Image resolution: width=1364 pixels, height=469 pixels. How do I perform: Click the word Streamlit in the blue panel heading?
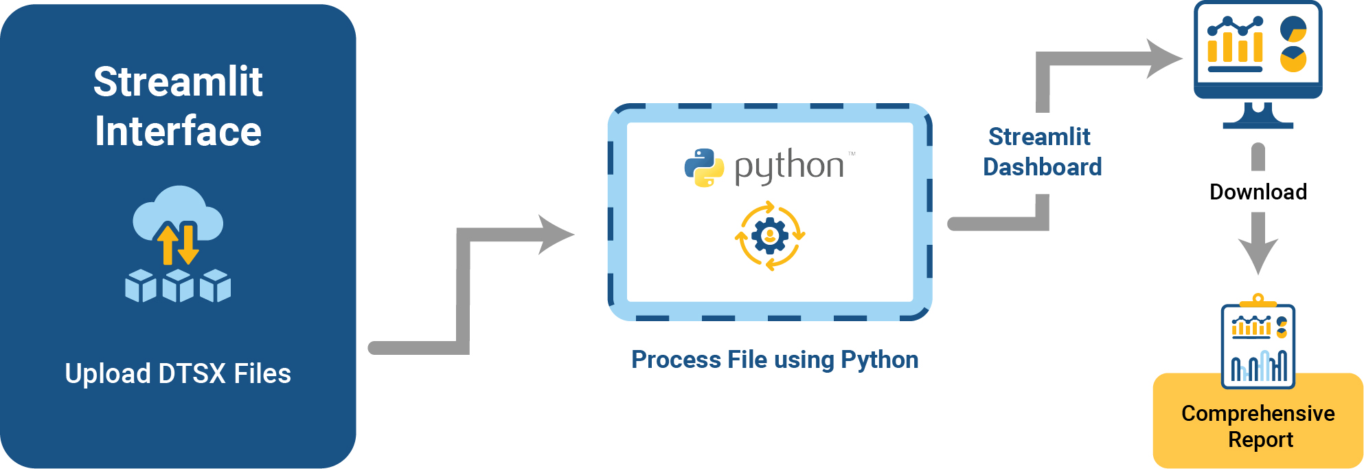coord(178,82)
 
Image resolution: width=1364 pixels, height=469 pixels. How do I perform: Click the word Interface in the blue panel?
coord(178,131)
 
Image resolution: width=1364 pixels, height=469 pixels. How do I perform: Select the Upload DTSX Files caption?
coord(178,374)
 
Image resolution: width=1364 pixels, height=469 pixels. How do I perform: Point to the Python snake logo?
coord(704,168)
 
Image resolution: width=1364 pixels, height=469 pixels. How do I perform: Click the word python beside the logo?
coord(789,166)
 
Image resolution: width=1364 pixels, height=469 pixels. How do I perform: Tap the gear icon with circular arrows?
coord(770,236)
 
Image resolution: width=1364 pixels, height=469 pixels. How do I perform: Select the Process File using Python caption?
coord(775,360)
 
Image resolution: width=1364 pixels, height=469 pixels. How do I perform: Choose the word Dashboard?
coord(1042,167)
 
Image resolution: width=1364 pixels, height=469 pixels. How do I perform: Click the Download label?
coord(1258,192)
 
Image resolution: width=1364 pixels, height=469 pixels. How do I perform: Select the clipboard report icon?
coord(1258,344)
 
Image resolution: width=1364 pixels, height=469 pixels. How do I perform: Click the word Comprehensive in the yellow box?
coord(1258,413)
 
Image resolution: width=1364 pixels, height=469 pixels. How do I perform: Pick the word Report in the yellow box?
coord(1260,439)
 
